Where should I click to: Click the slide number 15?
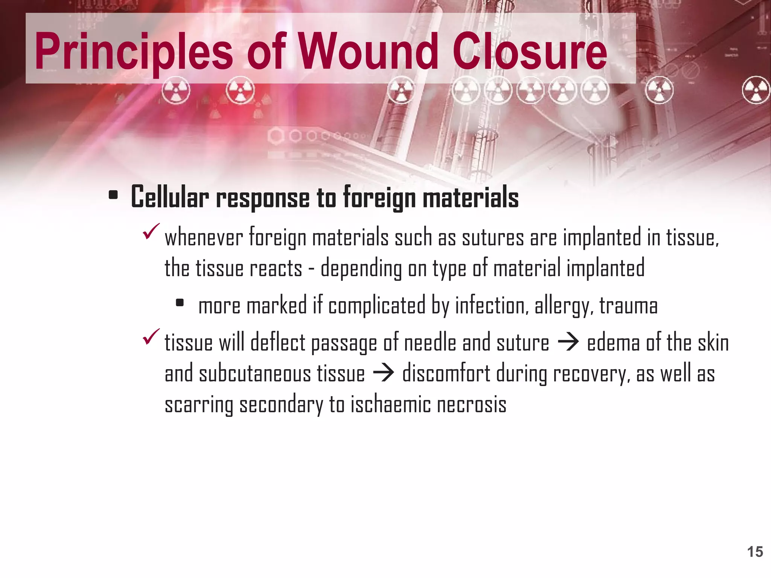point(755,552)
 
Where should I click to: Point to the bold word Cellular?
point(170,197)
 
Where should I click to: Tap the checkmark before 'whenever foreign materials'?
point(151,231)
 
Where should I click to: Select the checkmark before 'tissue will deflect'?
point(151,336)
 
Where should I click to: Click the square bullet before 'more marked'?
point(180,303)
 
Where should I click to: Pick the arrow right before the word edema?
point(568,343)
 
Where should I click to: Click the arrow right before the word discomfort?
point(383,374)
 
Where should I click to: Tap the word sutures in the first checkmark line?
point(493,238)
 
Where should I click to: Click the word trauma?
point(628,306)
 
